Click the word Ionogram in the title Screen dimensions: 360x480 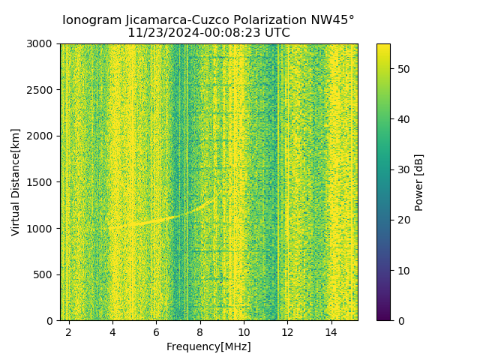point(89,20)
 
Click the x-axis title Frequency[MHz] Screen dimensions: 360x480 point(208,346)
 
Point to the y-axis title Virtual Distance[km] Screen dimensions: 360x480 point(16,182)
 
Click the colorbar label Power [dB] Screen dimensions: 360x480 point(418,182)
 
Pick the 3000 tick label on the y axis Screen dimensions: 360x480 point(42,43)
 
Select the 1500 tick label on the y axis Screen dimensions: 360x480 point(42,182)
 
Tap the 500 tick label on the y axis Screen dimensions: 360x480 point(45,274)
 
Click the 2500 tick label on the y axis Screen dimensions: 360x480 point(42,90)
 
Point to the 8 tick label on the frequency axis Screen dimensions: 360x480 point(200,332)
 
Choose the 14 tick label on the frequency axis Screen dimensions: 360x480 point(331,332)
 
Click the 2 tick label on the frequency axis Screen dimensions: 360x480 point(69,332)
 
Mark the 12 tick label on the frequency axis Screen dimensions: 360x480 point(287,332)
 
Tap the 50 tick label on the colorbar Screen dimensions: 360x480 point(402,69)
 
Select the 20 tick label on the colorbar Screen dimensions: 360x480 point(402,220)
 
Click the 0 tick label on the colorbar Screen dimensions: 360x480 point(400,320)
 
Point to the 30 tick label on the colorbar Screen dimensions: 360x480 point(402,169)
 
